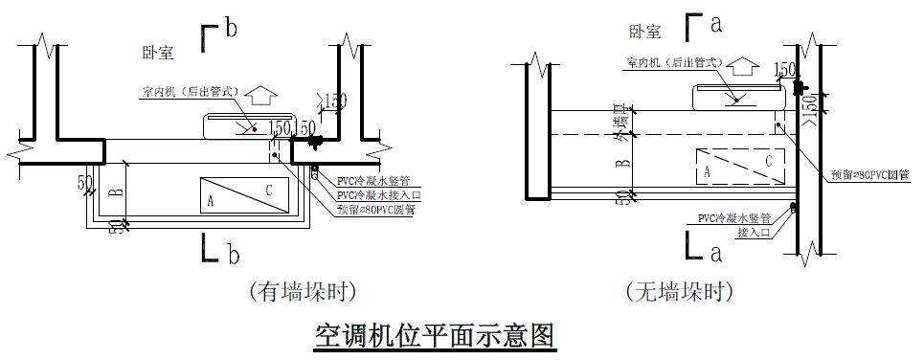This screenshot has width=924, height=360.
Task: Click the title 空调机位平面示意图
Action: [436, 336]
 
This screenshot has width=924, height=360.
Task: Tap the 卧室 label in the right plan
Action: [644, 32]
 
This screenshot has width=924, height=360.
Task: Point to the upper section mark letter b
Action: [230, 29]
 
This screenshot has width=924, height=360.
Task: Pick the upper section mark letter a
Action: [715, 21]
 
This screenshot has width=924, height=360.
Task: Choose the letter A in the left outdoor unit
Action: [210, 201]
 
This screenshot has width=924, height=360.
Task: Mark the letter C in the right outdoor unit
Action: [768, 161]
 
